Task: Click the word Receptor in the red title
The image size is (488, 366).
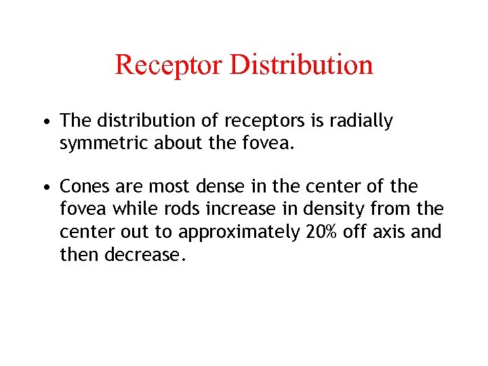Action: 169,65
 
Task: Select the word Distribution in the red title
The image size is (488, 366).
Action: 302,65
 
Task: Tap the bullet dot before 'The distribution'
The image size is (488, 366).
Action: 44,122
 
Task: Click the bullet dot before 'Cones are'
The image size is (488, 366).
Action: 44,187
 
